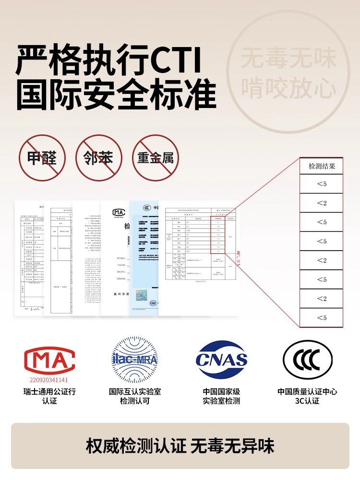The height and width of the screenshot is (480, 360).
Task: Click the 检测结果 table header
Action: click(322, 166)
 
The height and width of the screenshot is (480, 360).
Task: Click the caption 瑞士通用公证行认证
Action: click(49, 396)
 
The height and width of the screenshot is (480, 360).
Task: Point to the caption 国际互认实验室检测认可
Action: click(135, 396)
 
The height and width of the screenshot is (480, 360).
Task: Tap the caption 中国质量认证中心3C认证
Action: click(307, 396)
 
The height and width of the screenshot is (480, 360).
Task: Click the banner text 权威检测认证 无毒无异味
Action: click(180, 446)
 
